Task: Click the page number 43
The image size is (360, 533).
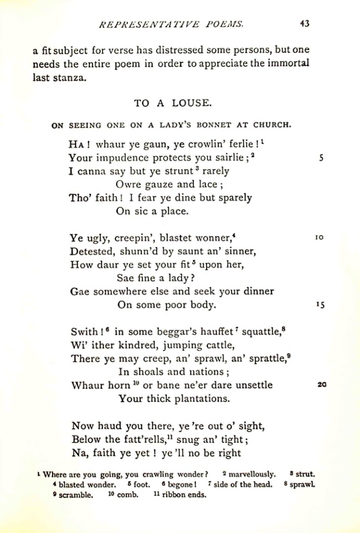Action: pos(304,23)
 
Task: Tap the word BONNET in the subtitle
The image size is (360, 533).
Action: pos(209,126)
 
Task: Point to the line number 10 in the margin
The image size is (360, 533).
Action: pos(319,238)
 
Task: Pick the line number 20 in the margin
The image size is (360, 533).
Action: pos(321,385)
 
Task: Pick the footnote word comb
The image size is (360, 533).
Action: pos(128,495)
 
